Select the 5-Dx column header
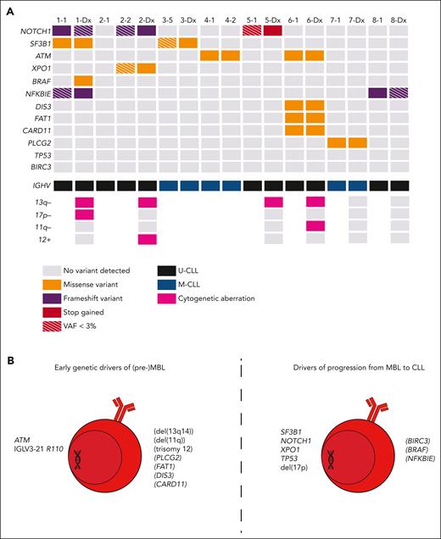click(273, 17)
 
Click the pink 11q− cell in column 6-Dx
click(315, 226)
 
